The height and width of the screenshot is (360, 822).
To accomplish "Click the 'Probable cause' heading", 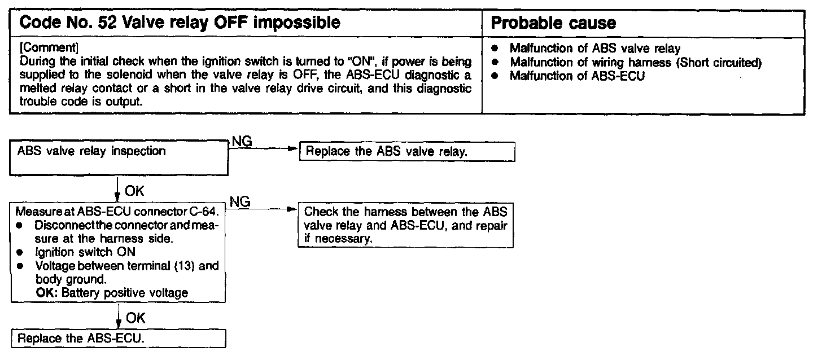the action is click(x=553, y=23).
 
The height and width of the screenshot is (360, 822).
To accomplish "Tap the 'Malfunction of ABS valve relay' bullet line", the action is click(x=595, y=49).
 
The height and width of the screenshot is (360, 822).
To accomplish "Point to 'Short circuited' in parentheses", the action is click(x=721, y=62).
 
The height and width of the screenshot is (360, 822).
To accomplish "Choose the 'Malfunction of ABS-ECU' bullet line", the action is click(x=576, y=75).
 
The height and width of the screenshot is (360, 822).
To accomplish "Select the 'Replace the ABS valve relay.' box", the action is click(x=406, y=152).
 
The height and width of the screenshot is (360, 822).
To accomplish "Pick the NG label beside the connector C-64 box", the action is click(x=242, y=201).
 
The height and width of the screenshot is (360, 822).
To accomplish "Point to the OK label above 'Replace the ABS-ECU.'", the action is click(x=135, y=318).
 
